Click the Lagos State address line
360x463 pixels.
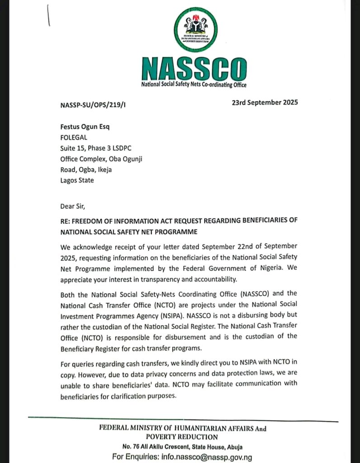[x=77, y=180]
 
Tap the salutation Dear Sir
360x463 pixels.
[x=72, y=206]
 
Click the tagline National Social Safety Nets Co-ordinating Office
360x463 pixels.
[x=194, y=85]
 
